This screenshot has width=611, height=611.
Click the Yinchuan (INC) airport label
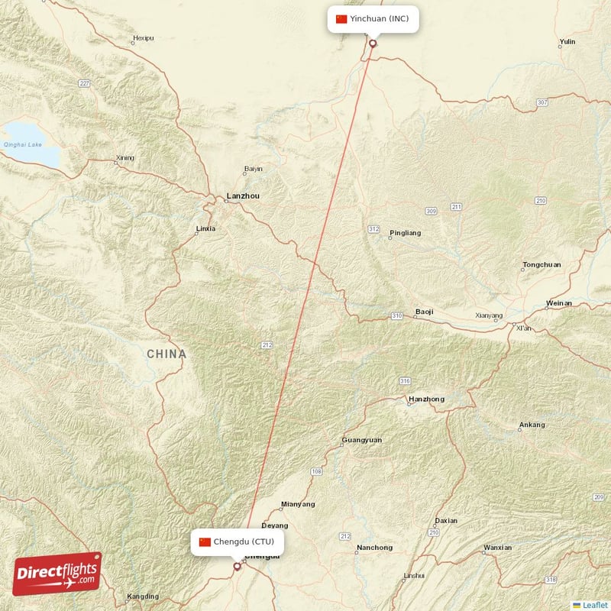(x=373, y=18)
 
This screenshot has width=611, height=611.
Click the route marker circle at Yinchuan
(x=373, y=43)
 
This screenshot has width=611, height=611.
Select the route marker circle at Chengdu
(x=237, y=567)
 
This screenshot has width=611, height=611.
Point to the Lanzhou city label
(x=243, y=196)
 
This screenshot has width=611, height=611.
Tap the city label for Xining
(x=124, y=158)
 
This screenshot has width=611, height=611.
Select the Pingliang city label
(x=405, y=233)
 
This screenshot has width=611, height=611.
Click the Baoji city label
(x=423, y=312)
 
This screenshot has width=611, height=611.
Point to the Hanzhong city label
(x=426, y=399)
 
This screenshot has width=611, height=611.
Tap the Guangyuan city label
(x=362, y=440)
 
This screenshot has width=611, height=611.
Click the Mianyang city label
(x=298, y=504)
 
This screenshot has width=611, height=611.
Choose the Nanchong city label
(x=374, y=548)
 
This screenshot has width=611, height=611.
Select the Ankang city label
(x=532, y=425)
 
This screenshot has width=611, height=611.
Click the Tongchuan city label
(x=541, y=265)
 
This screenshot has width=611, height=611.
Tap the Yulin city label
(x=567, y=42)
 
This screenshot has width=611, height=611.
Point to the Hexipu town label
(x=143, y=37)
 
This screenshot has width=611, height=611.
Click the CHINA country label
(x=166, y=354)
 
